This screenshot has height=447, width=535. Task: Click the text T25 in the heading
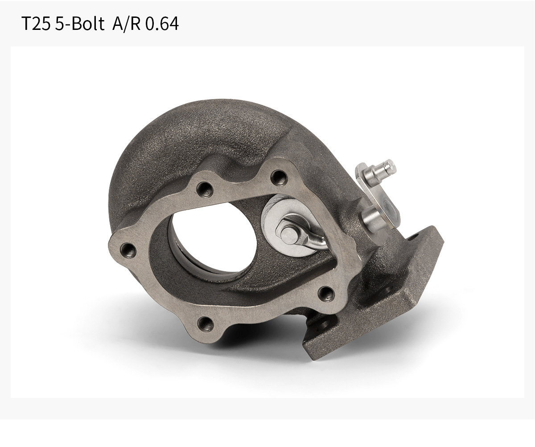36,24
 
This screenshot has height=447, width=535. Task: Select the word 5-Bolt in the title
80,24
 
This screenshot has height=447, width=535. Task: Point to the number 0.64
162,24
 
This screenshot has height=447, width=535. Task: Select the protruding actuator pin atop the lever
382,170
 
